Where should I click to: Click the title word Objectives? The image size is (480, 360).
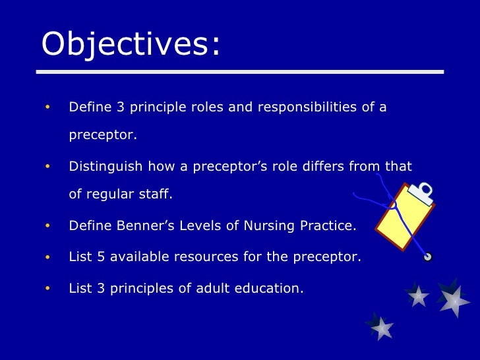tap(129, 45)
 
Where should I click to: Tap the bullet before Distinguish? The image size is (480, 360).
tap(47, 167)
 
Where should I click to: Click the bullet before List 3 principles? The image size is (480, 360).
tap(47, 287)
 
